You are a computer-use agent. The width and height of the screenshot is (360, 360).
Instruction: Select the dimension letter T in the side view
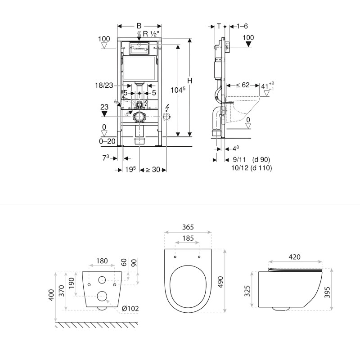[219, 26]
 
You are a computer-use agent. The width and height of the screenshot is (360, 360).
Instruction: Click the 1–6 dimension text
[242, 26]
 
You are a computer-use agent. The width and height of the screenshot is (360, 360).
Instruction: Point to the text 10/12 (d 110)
[250, 167]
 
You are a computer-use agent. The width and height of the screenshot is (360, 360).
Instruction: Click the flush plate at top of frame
[139, 47]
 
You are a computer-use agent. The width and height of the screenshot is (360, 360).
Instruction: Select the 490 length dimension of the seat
[232, 279]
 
